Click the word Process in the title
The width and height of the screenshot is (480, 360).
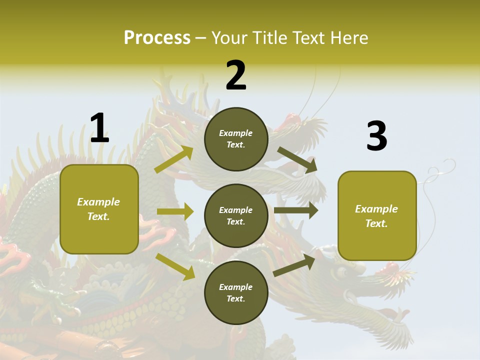click(157, 37)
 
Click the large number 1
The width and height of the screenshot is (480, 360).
click(99, 128)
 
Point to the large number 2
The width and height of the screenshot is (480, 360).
click(236, 75)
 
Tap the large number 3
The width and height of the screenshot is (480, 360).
click(376, 137)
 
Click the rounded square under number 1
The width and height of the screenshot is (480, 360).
click(99, 209)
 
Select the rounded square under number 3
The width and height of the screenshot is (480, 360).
click(377, 216)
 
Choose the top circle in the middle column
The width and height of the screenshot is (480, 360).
click(236, 139)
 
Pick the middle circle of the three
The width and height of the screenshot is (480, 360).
click(236, 216)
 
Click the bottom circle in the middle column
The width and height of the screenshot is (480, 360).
click(236, 293)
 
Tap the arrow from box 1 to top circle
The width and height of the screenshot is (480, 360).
click(174, 159)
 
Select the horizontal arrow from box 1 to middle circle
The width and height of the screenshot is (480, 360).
click(175, 211)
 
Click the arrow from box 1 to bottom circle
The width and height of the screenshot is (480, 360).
click(175, 266)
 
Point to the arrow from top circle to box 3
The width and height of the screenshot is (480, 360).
click(297, 159)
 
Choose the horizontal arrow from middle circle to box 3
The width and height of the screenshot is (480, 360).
click(295, 210)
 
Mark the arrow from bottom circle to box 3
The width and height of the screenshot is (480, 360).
click(294, 265)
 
